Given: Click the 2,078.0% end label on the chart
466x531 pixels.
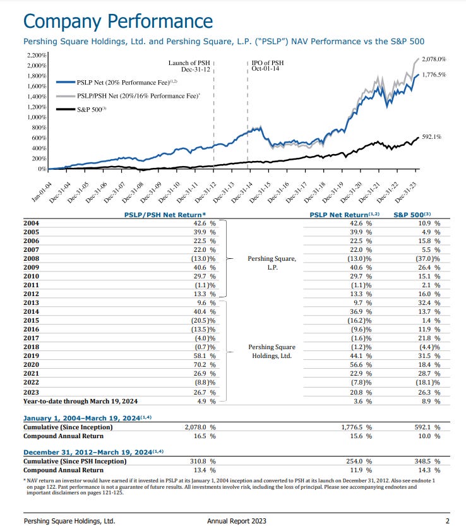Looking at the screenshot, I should coord(433,59).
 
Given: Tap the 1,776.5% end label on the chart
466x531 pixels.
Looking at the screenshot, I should coord(433,74).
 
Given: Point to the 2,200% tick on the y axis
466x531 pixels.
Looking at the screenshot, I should coord(37,55).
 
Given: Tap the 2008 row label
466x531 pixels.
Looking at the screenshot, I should coord(31,258).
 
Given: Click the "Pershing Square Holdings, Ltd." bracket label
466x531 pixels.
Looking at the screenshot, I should coord(272,351).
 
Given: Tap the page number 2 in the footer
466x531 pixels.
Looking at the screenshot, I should coord(447,521).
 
